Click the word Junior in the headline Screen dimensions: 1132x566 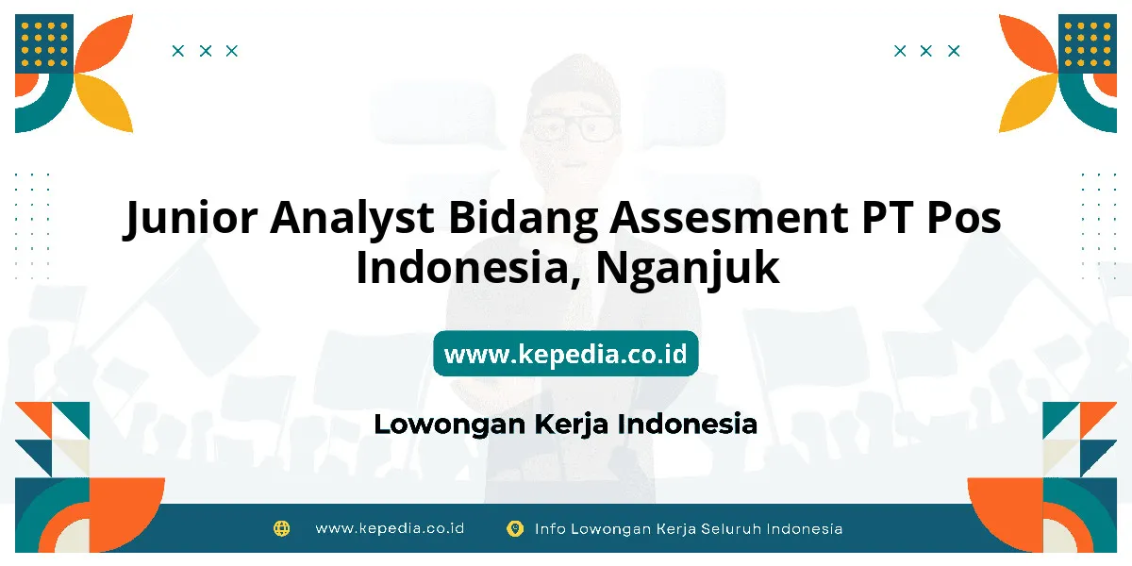coord(191,217)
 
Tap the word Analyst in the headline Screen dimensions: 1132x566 coord(352,218)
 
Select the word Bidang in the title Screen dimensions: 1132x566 coord(523,218)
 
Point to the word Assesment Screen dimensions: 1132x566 coord(728,217)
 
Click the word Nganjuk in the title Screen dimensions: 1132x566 coord(688,268)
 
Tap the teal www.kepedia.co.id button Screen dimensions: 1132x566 coord(565,353)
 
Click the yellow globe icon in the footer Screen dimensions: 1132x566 coord(281,528)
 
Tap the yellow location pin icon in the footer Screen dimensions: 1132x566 coord(515,528)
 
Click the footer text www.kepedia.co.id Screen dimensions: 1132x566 coord(390,528)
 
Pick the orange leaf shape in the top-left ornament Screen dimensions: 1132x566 coord(106,43)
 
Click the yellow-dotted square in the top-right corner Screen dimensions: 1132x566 coord(1088,43)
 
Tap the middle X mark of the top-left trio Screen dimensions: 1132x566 coord(206,51)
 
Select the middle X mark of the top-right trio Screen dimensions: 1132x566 coord(925,51)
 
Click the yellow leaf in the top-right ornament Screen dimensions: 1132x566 coord(1027,103)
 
